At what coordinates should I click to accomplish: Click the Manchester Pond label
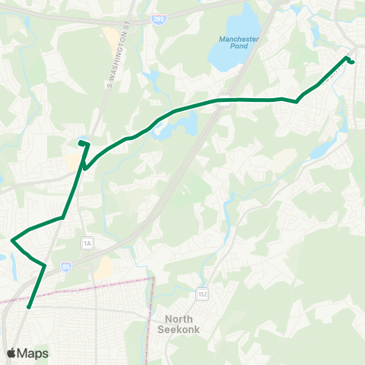point(239,43)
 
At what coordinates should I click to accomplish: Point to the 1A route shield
point(87,243)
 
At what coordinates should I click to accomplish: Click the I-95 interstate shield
point(66,267)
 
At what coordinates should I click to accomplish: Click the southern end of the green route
point(29,307)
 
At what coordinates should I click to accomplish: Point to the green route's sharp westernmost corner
point(12,240)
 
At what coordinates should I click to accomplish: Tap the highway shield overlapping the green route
point(224,97)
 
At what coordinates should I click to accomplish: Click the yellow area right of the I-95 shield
point(104,267)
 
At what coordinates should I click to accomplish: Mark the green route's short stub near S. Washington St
point(83,142)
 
